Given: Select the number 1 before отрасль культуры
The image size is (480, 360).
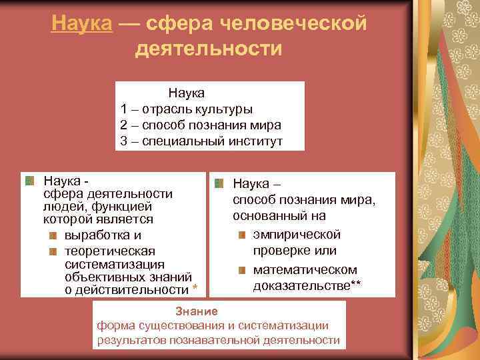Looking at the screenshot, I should pyautogui.click(x=124, y=108).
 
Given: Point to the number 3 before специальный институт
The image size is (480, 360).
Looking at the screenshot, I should pyautogui.click(x=124, y=141).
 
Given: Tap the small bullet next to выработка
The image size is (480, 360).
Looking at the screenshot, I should pyautogui.click(x=53, y=235).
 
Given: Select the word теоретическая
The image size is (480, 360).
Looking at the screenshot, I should pyautogui.click(x=109, y=251).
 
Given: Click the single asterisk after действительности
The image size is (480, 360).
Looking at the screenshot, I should pyautogui.click(x=194, y=289).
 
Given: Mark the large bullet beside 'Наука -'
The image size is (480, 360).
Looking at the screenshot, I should pyautogui.click(x=30, y=181).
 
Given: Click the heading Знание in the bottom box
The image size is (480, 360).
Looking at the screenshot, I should pyautogui.click(x=196, y=311).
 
